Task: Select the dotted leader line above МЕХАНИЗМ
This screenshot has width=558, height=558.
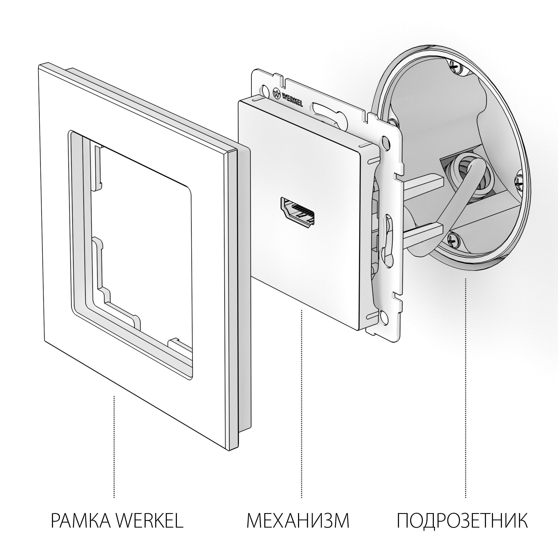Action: pyautogui.click(x=302, y=404)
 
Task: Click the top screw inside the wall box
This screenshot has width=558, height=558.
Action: pyautogui.click(x=455, y=66)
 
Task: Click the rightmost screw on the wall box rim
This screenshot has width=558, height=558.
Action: pyautogui.click(x=519, y=182)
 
